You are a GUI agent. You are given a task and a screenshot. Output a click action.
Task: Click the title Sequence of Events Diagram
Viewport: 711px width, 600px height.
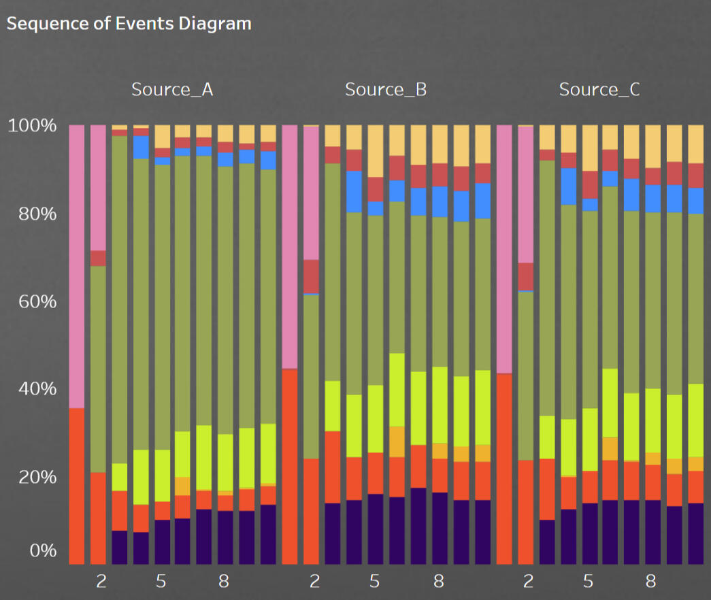tap(129, 24)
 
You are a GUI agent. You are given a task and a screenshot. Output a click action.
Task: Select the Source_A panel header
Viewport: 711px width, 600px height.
tap(172, 89)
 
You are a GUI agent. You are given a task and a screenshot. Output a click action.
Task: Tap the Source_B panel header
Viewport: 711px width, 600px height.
tap(386, 89)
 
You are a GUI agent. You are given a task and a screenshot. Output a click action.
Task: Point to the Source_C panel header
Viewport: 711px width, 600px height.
tap(599, 89)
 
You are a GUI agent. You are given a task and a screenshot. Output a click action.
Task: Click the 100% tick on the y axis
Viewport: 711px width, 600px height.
tap(32, 126)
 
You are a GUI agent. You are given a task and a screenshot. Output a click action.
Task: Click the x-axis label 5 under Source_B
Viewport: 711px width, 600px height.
tap(374, 582)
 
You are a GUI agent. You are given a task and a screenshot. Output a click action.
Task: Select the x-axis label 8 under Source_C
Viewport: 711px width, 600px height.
tap(651, 582)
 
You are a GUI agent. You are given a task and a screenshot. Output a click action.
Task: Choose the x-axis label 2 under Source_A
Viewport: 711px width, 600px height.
tap(101, 582)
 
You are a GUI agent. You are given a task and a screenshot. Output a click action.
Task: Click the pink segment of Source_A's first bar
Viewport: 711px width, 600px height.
tap(77, 265)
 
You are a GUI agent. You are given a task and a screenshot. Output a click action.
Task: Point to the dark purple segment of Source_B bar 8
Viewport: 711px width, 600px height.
tap(440, 528)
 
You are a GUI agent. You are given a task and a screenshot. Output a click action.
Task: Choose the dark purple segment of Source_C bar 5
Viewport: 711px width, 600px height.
tap(589, 533)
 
